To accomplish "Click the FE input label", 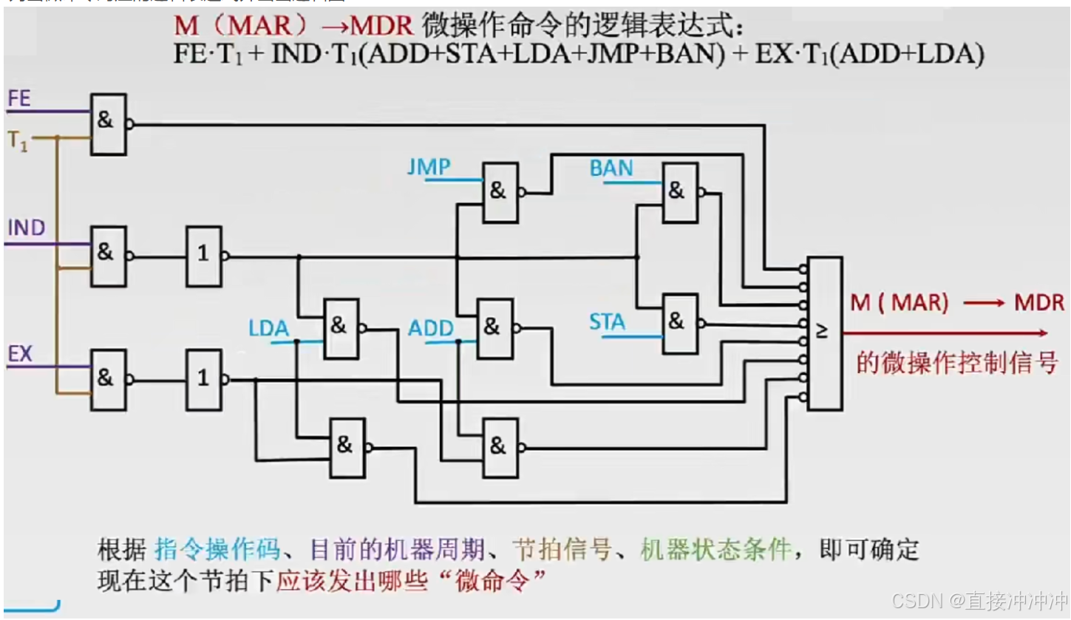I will click(20, 98).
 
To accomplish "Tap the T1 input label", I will click(18, 140).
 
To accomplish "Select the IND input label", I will click(27, 228).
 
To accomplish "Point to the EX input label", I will click(20, 354).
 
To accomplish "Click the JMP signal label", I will click(429, 167).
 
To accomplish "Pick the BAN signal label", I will click(611, 168).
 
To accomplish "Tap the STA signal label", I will click(607, 322).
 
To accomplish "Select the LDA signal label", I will click(268, 329).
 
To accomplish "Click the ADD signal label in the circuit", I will click(431, 328).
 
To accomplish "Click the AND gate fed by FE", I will click(108, 124).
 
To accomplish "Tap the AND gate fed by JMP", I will click(500, 192).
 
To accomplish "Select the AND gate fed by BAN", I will click(679, 192).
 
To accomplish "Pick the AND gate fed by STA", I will click(680, 323).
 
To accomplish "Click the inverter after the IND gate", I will click(203, 256).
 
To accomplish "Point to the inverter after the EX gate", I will click(203, 380).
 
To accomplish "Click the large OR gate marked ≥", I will click(824, 333).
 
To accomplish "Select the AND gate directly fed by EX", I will click(108, 380).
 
